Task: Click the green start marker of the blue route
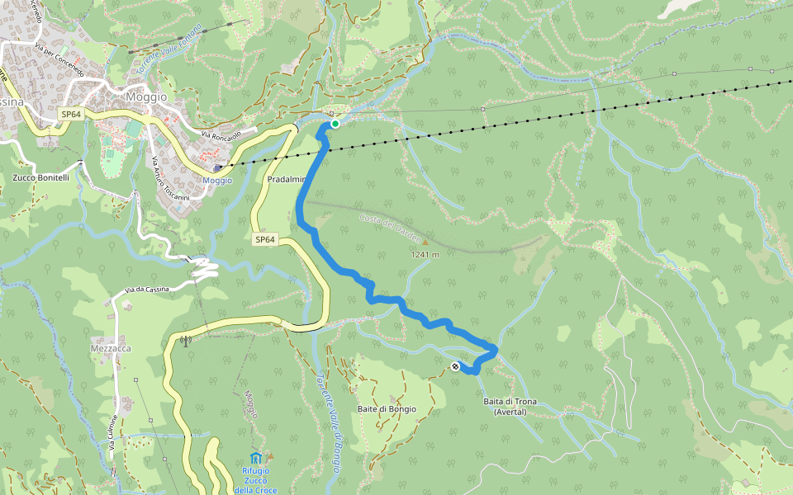tap(335, 124)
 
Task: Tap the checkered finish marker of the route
tap(455, 366)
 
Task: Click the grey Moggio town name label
tap(145, 97)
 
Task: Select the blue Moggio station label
tap(217, 180)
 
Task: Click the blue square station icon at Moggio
tap(217, 168)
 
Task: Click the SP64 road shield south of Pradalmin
tap(264, 240)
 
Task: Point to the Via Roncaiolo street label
tap(221, 134)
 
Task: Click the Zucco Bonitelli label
tap(41, 178)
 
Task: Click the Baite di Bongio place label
tap(387, 409)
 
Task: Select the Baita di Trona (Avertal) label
tap(510, 407)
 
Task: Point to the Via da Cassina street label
tap(147, 289)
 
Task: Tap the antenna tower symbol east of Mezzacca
tap(184, 339)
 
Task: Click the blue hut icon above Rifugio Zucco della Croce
tap(256, 458)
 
